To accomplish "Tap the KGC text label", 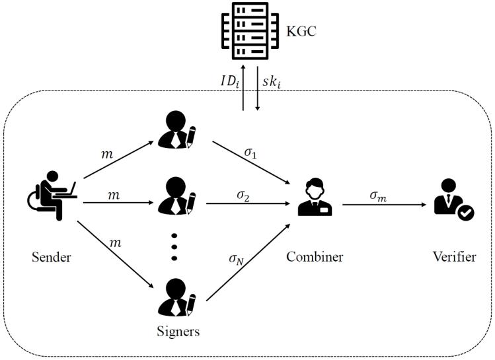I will (301, 30).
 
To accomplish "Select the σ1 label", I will (250, 153).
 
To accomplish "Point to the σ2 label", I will (243, 196).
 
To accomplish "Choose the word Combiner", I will (315, 257).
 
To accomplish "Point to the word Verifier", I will (453, 257).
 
